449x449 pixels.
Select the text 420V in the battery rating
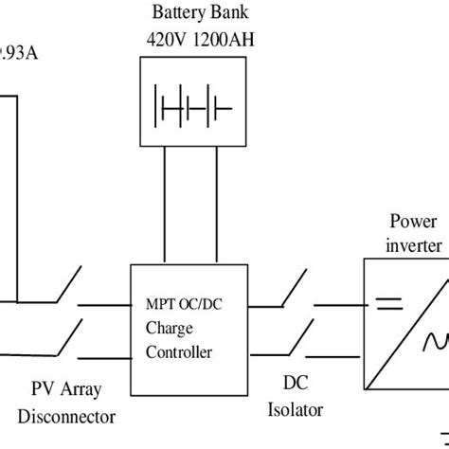[x=167, y=40]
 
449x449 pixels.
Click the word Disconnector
[x=69, y=415]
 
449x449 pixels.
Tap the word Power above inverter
[x=413, y=223]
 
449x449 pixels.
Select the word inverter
[x=414, y=244]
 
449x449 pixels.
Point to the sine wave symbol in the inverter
[x=437, y=337]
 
